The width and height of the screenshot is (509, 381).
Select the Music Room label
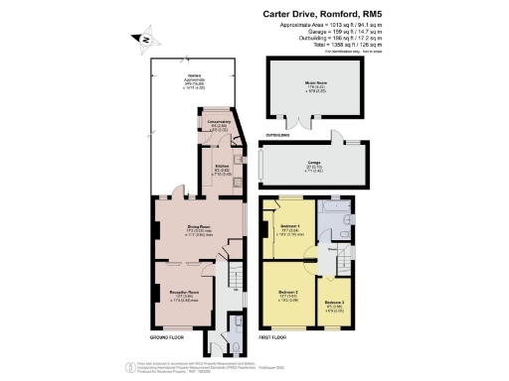click(x=315, y=87)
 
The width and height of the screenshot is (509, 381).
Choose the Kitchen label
click(x=217, y=169)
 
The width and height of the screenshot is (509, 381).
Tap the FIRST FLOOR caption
click(x=274, y=338)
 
